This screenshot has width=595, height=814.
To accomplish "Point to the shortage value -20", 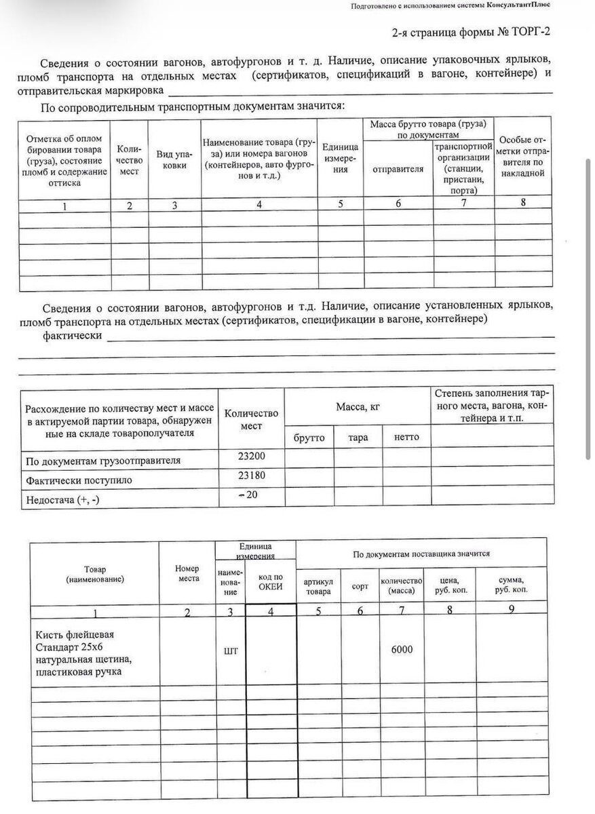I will tap(250, 495).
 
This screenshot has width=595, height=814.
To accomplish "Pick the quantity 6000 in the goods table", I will tap(402, 649).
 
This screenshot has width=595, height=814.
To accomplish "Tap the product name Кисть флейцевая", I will tap(75, 635).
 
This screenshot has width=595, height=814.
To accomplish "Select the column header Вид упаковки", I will tap(174, 159).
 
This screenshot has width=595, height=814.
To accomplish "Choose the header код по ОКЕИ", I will tap(271, 582).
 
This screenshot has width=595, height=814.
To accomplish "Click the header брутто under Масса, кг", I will tap(309, 438).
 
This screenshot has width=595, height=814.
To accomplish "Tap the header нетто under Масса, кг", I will tap(406, 438).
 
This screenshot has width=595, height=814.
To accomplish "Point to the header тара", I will tap(358, 438).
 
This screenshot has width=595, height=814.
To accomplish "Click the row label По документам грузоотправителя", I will tap(103, 461).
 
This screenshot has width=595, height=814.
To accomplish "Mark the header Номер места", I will tap(187, 573).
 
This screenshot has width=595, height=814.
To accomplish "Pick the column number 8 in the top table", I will tap(523, 202).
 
